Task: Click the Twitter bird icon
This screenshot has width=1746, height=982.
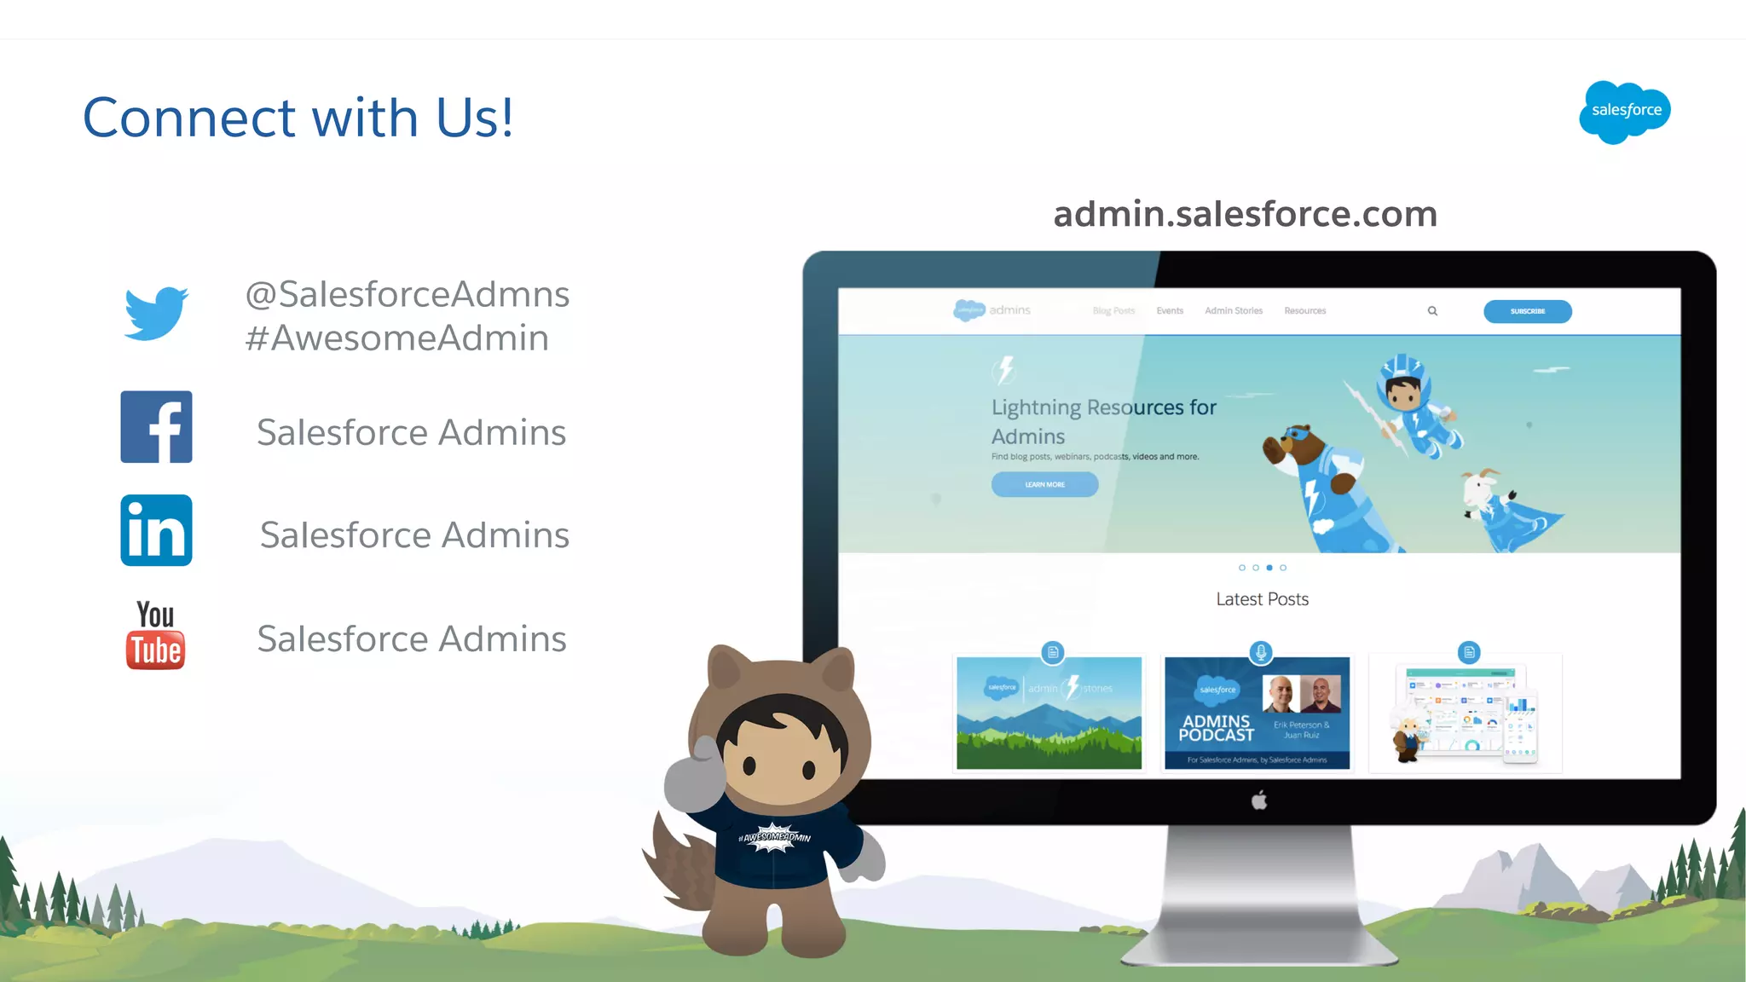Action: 156,314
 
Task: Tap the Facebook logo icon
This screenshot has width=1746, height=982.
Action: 156,427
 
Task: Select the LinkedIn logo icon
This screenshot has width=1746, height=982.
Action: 156,530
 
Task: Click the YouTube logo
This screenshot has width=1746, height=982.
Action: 155,635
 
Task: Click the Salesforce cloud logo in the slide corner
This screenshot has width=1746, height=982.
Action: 1625,112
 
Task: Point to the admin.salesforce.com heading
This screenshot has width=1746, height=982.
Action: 1246,214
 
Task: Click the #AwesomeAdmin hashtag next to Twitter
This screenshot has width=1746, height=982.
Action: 397,338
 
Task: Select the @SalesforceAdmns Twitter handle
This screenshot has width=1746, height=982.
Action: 408,295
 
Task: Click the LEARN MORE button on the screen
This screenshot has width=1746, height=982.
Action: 1044,484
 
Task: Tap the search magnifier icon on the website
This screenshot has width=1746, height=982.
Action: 1432,311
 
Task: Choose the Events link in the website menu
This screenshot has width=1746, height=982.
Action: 1170,311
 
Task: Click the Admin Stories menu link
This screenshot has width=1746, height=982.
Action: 1234,311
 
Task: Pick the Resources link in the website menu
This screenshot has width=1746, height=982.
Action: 1305,311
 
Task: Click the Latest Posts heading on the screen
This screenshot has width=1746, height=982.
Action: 1262,599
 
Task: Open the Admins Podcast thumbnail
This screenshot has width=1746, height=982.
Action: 1257,713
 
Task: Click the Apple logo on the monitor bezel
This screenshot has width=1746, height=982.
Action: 1259,800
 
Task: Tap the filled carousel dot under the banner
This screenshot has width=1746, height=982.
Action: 1269,568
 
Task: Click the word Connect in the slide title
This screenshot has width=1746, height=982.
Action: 189,118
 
